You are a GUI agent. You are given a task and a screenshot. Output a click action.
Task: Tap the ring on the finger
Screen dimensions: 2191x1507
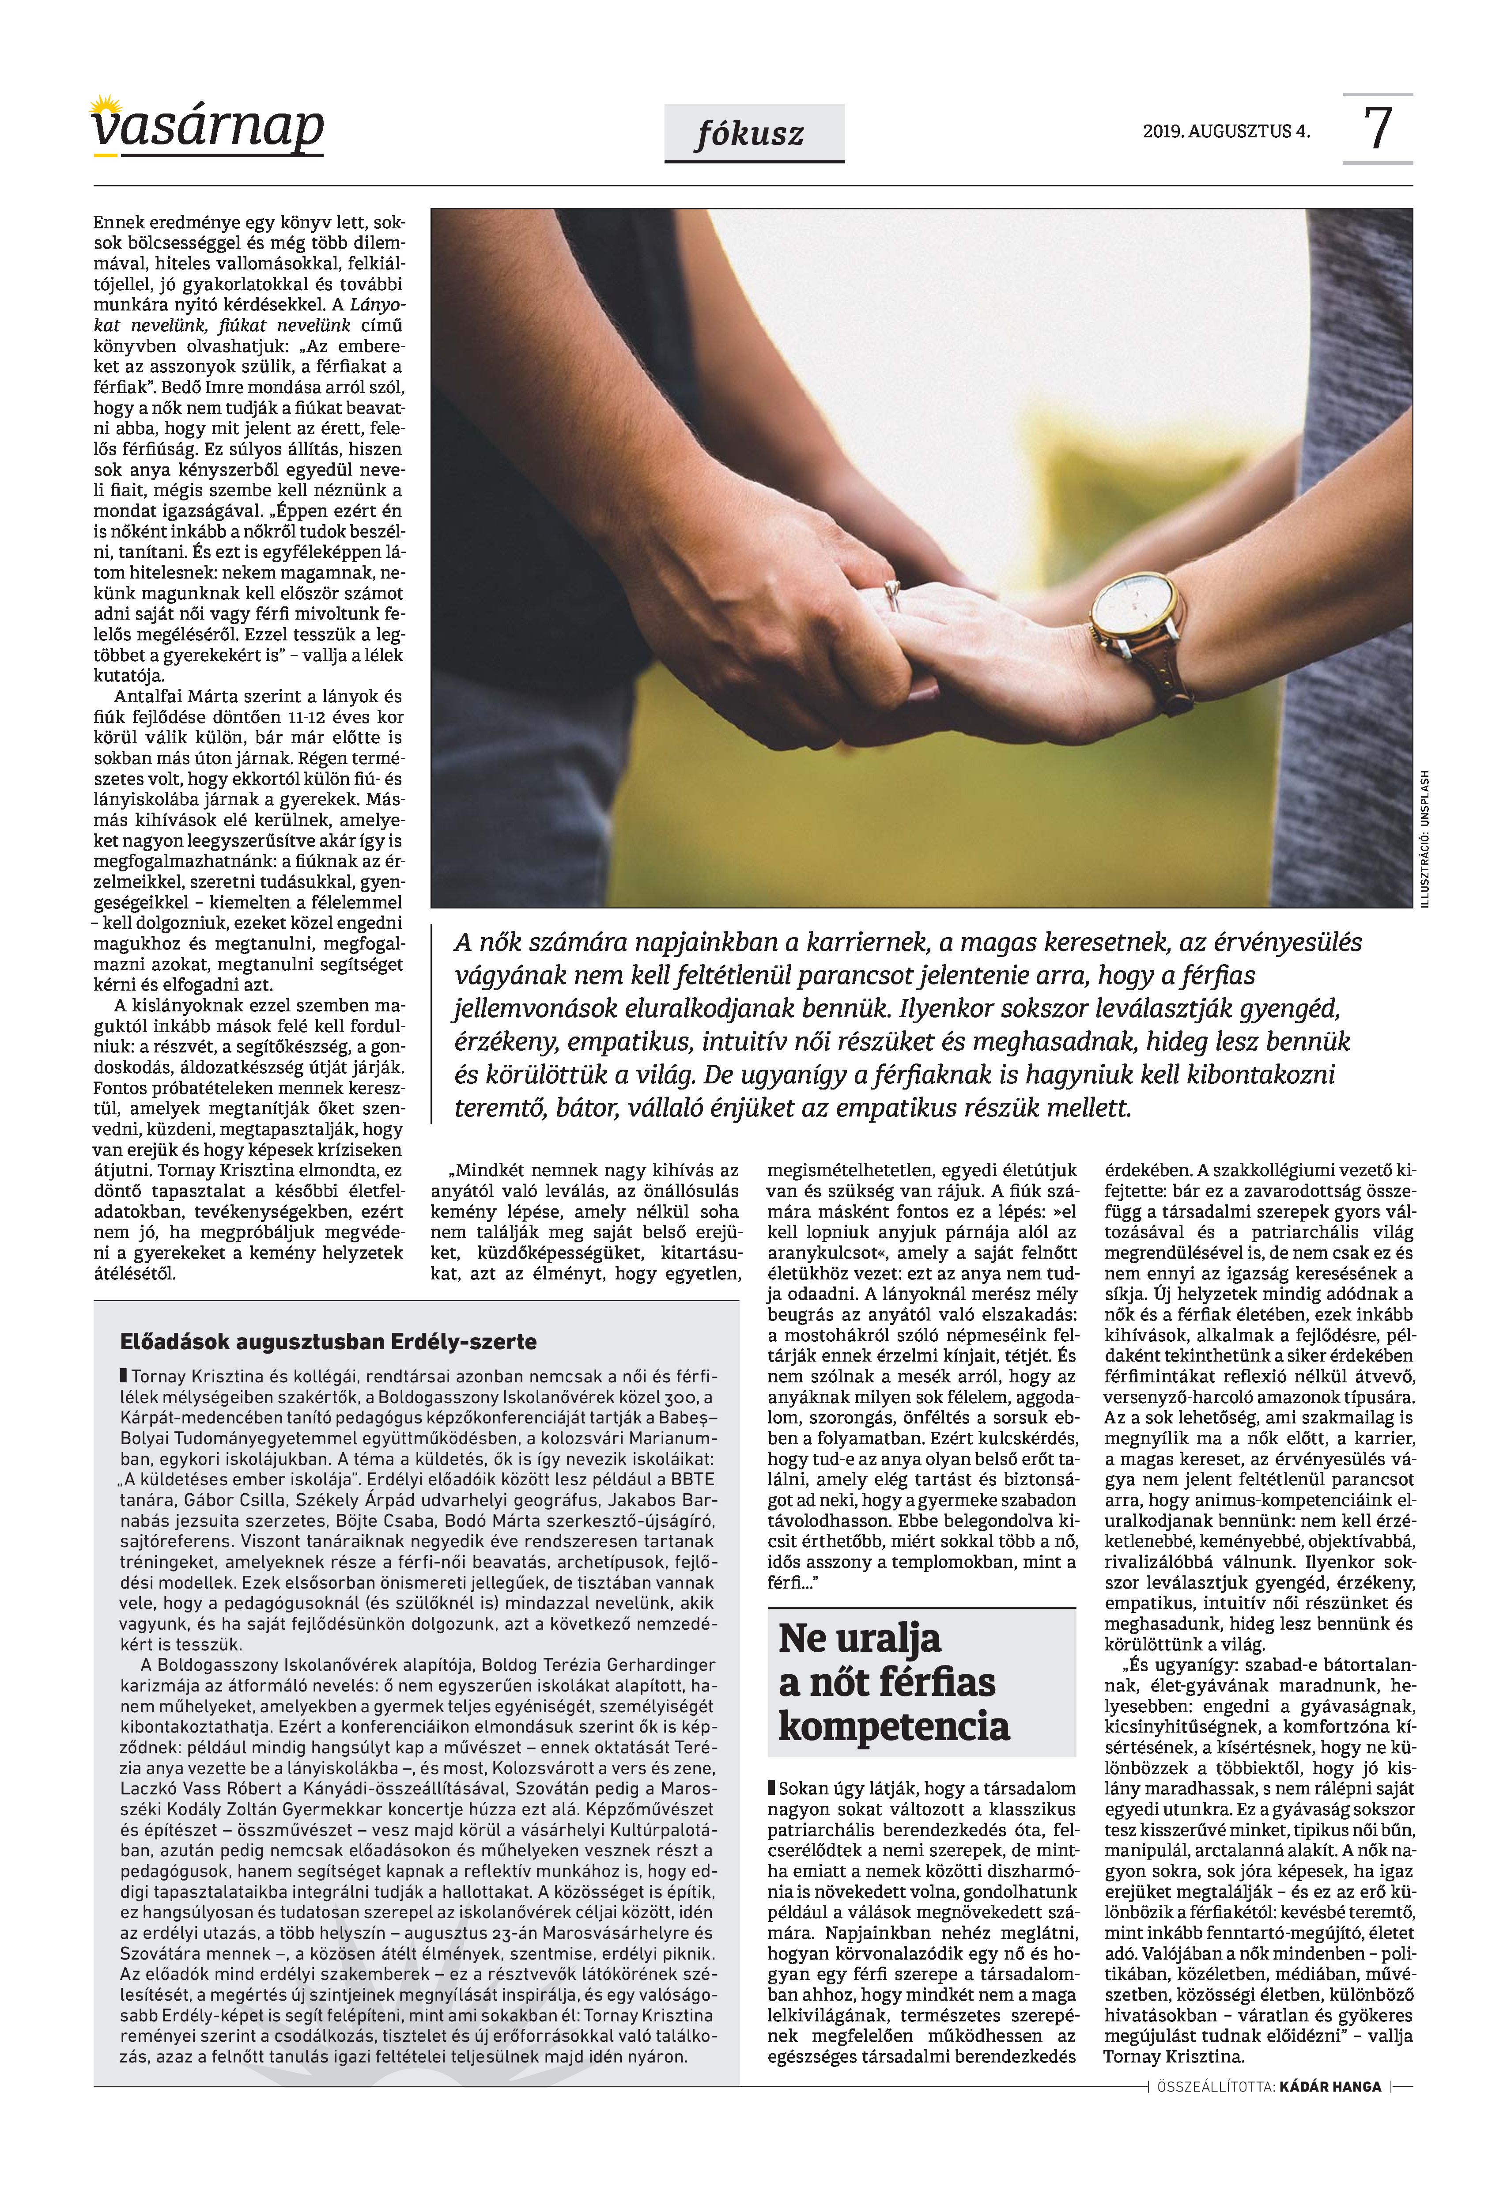tap(891, 593)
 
